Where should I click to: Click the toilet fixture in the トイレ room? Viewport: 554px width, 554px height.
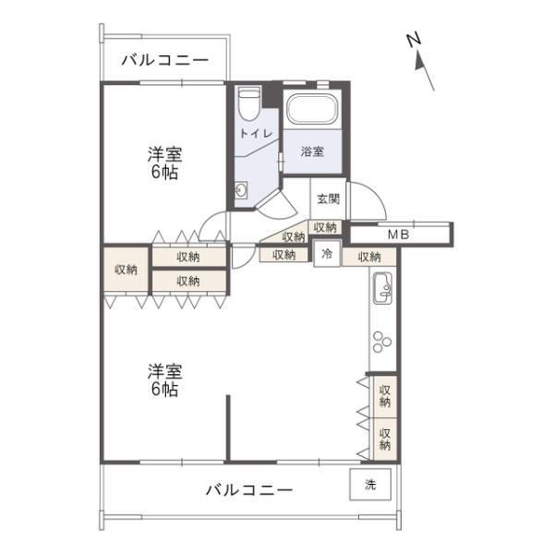click(249, 103)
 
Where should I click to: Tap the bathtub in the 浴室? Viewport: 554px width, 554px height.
click(312, 108)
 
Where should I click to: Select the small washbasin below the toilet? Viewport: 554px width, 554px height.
click(241, 191)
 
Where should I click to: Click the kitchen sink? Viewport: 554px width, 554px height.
click(382, 287)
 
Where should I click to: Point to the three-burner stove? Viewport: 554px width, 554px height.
click(381, 342)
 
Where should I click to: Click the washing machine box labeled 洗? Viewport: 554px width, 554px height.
click(370, 484)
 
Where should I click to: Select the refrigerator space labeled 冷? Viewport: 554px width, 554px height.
click(327, 253)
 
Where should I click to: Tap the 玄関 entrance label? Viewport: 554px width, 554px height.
click(328, 199)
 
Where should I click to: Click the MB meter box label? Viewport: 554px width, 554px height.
click(398, 235)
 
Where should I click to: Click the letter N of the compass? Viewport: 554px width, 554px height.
click(414, 39)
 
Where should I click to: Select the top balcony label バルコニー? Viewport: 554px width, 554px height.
click(165, 60)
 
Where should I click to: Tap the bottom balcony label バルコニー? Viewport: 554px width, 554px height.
click(249, 490)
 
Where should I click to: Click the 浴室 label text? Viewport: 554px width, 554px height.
click(312, 151)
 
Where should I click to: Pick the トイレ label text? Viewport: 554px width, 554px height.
click(256, 134)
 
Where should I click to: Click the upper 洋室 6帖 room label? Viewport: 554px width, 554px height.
click(164, 163)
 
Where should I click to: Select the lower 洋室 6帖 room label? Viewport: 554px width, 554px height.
click(164, 379)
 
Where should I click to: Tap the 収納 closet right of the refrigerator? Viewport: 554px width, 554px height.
click(369, 257)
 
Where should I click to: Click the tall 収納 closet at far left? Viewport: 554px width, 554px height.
click(126, 270)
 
